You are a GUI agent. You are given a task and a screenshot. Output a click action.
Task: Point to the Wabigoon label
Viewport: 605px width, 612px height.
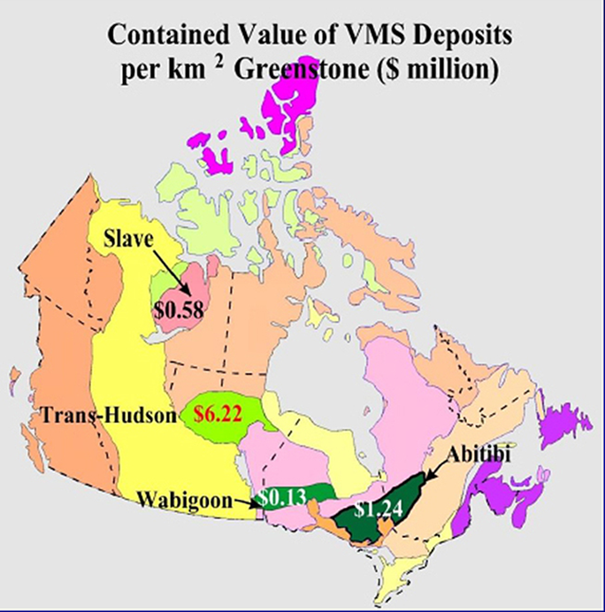[x=181, y=500]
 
